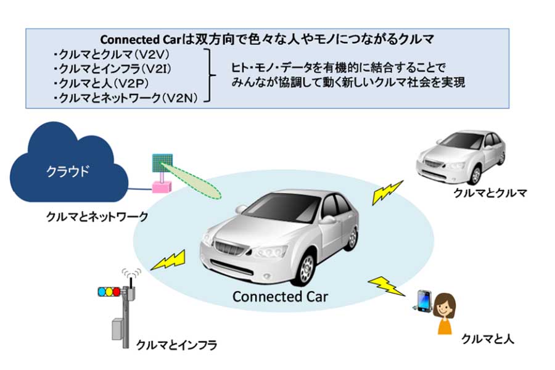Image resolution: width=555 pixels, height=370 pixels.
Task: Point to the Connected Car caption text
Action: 281,297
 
